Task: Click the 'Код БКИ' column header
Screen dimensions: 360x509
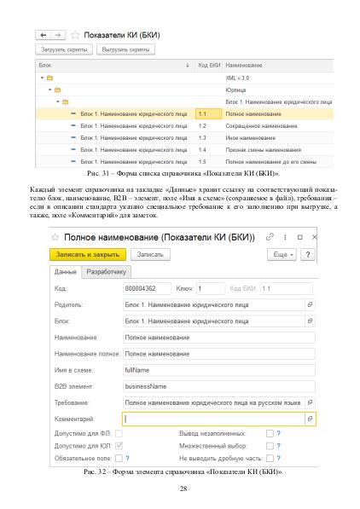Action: tap(209, 65)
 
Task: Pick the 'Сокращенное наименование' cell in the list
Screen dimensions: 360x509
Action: tap(261, 125)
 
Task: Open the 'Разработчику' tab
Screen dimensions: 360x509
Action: tap(107, 272)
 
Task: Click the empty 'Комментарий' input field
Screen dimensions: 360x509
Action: tap(213, 419)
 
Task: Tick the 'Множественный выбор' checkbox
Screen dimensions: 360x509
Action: tap(269, 444)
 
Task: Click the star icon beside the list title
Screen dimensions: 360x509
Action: tap(75, 35)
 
